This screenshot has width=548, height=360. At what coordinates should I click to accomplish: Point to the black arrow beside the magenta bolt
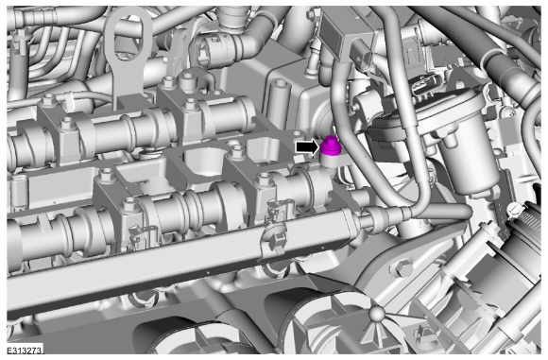click(308, 146)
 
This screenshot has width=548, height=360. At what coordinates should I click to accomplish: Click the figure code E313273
click(25, 350)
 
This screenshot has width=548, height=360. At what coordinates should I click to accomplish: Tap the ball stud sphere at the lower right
click(377, 314)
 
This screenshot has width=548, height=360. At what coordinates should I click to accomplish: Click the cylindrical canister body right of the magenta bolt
click(465, 146)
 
